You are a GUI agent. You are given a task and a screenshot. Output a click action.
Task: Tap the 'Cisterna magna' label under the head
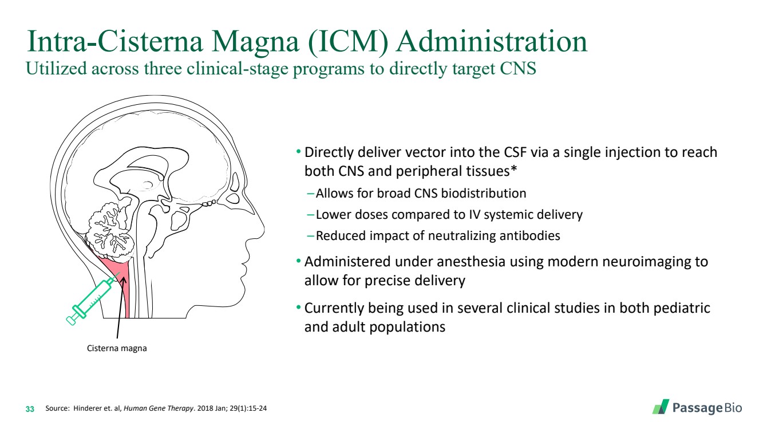click(117, 348)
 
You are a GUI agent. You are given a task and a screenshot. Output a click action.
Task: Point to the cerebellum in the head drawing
click(111, 224)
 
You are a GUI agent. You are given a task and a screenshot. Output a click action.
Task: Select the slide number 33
click(30, 410)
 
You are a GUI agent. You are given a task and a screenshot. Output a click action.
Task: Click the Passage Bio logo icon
click(661, 407)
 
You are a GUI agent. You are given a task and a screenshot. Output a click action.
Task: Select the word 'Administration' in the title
click(491, 42)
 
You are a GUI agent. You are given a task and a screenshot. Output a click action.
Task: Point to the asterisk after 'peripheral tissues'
click(513, 170)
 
